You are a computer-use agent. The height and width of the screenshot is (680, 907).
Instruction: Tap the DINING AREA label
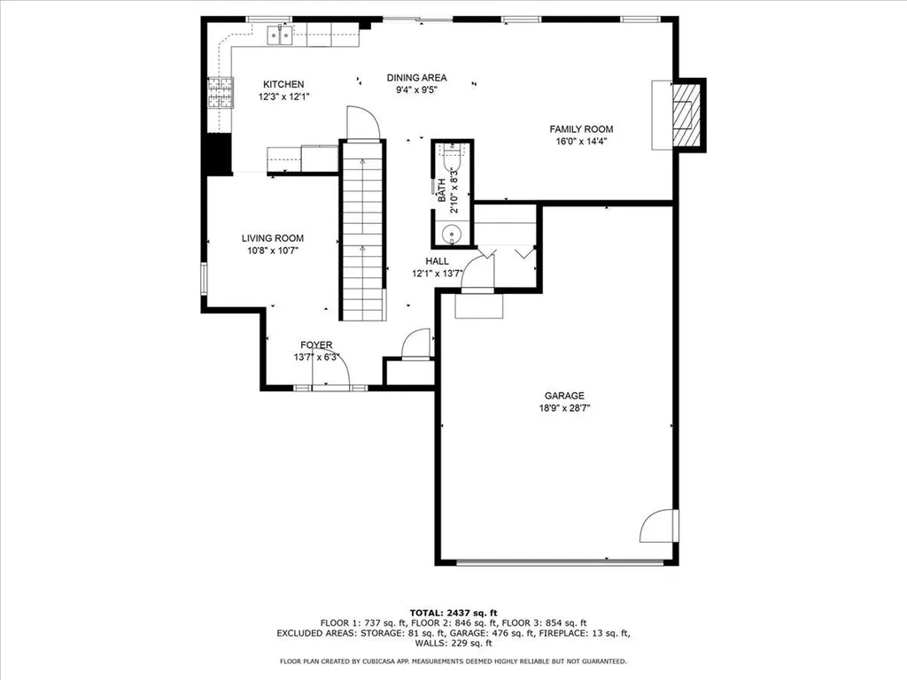416,77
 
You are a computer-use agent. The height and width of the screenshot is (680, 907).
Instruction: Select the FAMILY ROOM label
581,129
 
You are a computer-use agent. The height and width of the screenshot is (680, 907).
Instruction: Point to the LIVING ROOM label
273,238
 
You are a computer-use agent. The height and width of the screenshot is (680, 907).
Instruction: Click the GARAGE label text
564,396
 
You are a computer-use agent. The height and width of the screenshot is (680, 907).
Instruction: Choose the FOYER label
315,345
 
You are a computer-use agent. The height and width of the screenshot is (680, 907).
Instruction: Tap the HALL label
437,261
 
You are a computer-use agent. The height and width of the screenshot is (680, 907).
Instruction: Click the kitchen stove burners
219,93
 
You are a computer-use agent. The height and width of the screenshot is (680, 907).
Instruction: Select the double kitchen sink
283,36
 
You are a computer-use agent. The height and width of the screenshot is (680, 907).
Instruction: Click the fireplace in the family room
685,114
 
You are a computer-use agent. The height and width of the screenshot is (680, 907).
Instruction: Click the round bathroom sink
453,235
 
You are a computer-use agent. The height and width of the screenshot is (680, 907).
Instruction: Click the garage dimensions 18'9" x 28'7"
564,408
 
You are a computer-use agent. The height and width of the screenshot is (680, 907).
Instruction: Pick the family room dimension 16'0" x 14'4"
581,141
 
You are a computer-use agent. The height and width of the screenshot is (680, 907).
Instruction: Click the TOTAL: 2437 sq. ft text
453,613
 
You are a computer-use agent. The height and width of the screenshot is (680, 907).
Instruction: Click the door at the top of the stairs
362,123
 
